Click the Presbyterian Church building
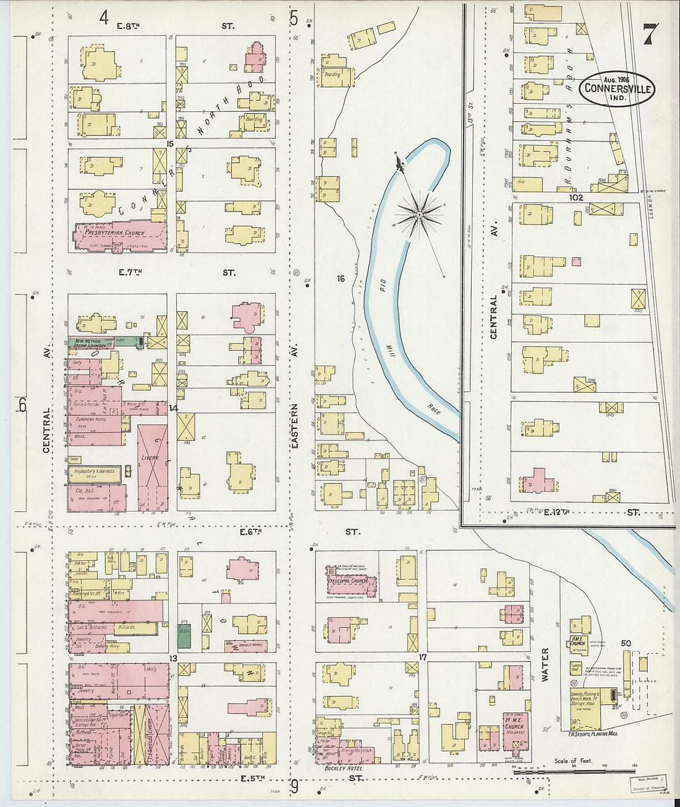120,235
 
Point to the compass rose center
419,214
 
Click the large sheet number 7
649,34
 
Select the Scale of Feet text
573,761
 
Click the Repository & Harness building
94,474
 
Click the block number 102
577,198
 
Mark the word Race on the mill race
433,409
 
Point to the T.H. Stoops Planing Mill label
594,735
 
